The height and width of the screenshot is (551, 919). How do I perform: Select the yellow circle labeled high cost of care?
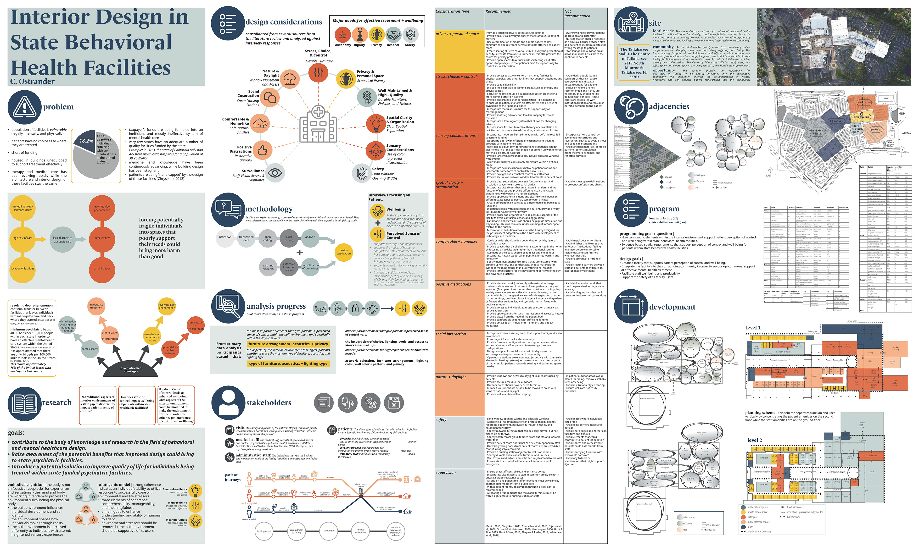(22, 238)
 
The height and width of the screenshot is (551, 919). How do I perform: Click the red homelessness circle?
(102, 238)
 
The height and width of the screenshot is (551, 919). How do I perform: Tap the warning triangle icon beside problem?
(24, 107)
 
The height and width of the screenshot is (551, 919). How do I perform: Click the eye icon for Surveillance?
(275, 173)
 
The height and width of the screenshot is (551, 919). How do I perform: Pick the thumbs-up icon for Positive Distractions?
(262, 150)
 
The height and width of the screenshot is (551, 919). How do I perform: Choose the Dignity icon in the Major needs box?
(359, 35)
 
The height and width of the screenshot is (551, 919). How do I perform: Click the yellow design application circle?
(344, 252)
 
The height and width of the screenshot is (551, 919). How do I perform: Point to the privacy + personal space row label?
(457, 34)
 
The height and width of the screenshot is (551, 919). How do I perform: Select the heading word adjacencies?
(669, 107)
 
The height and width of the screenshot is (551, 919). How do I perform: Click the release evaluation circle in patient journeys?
(360, 531)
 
